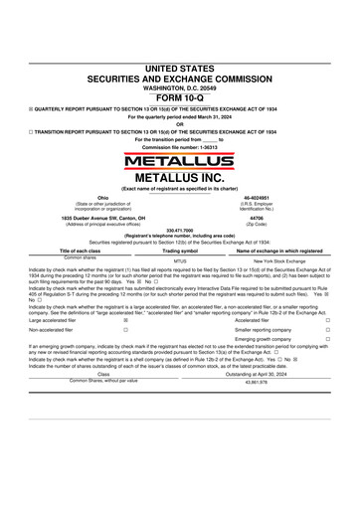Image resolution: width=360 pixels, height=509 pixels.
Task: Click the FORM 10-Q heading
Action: coord(179,98)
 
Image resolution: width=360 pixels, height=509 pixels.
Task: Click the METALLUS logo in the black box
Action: coord(180,159)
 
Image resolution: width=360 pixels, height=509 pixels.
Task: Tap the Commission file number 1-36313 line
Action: coord(179,146)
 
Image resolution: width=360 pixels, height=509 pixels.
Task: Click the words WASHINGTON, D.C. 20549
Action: coord(179,88)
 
